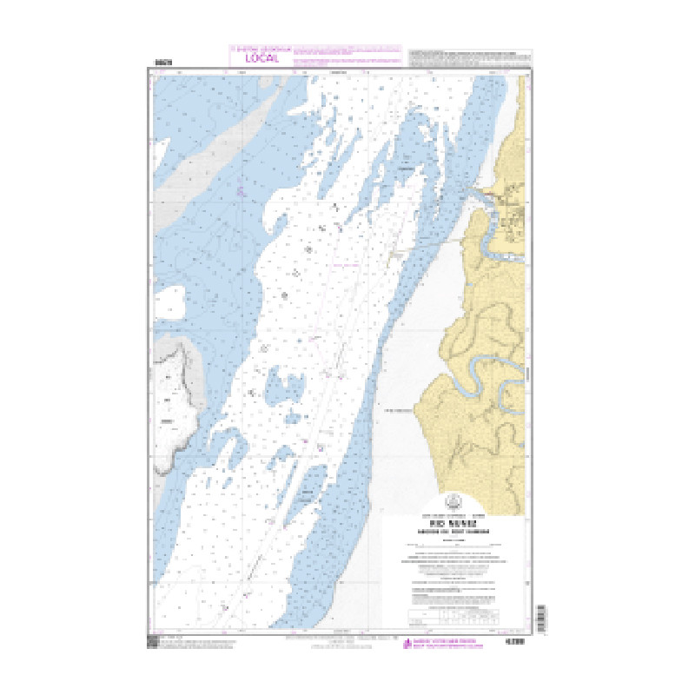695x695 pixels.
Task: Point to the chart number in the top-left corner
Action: [x=162, y=63]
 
